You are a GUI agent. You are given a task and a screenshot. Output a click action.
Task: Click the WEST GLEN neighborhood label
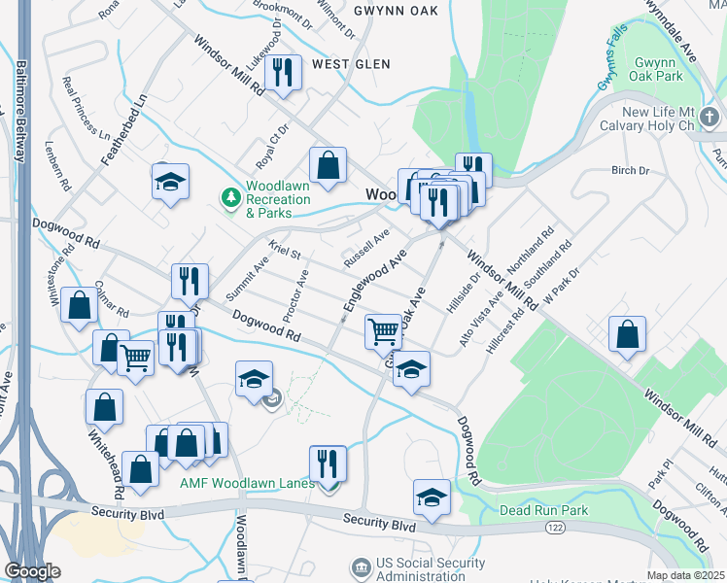(x=351, y=64)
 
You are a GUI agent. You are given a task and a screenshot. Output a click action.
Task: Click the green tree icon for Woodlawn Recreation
(x=231, y=198)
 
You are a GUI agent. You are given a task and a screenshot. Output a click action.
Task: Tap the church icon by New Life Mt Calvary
(x=711, y=119)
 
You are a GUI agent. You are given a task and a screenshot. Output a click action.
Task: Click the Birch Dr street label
(x=630, y=171)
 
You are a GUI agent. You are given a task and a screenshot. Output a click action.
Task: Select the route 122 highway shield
(x=552, y=527)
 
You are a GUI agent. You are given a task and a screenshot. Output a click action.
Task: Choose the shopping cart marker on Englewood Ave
(x=384, y=331)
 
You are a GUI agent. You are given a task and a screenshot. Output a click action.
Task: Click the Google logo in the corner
(x=31, y=571)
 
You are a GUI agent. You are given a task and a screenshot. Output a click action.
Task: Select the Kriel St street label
(x=286, y=252)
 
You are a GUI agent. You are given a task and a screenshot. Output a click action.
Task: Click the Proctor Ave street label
(x=295, y=297)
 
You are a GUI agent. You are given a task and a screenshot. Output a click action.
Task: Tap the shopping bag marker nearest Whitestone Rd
(x=79, y=305)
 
